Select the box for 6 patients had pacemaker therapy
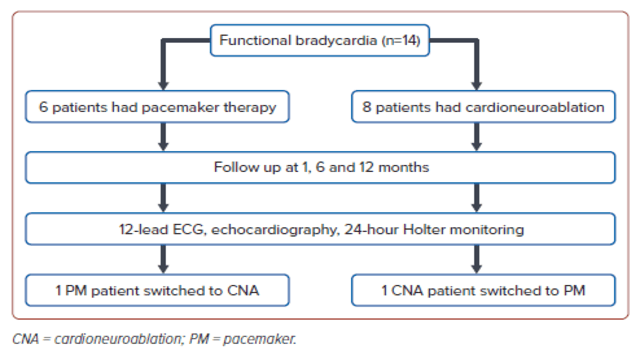[x=158, y=103]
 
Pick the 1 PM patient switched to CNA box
[x=158, y=292]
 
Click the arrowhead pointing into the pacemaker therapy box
[x=160, y=81]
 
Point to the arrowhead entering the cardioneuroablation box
[x=476, y=81]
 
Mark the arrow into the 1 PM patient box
[x=160, y=262]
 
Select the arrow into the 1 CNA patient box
[x=476, y=262]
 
